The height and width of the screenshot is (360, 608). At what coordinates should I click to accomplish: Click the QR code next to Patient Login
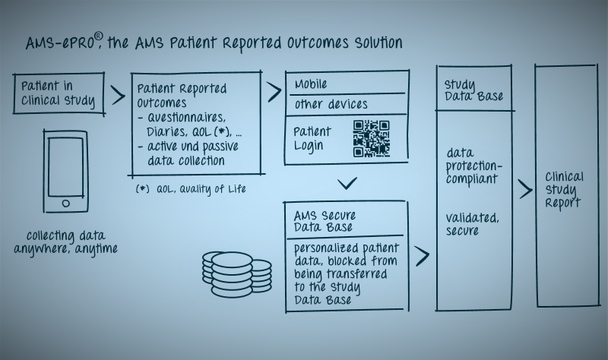pyautogui.click(x=371, y=138)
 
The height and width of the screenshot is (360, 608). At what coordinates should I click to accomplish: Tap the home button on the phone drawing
pyautogui.click(x=66, y=203)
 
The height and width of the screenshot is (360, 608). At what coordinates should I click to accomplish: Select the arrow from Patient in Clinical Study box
pyautogui.click(x=119, y=96)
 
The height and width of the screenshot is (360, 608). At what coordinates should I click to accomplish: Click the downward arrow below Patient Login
pyautogui.click(x=347, y=183)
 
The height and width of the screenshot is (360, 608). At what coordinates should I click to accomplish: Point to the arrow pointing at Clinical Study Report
pyautogui.click(x=525, y=189)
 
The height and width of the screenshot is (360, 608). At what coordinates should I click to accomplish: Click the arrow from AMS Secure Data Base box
pyautogui.click(x=423, y=256)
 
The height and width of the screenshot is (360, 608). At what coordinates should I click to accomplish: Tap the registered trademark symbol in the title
pyautogui.click(x=99, y=36)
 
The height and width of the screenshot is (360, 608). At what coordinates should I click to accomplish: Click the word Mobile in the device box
pyautogui.click(x=311, y=84)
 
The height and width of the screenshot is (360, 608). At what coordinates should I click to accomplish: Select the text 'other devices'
pyautogui.click(x=331, y=104)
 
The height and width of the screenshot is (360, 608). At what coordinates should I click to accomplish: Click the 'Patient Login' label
pyautogui.click(x=312, y=139)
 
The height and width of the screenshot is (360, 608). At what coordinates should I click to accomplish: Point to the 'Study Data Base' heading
pyautogui.click(x=473, y=90)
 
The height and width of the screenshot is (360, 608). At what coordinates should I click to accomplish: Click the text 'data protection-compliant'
pyautogui.click(x=473, y=166)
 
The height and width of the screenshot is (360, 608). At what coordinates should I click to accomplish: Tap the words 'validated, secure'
pyautogui.click(x=472, y=224)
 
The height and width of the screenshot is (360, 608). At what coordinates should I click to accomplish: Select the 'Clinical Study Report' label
pyautogui.click(x=564, y=190)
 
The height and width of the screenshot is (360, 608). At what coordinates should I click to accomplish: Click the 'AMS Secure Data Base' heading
pyautogui.click(x=325, y=221)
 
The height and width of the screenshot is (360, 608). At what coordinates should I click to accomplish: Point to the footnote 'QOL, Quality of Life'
pyautogui.click(x=201, y=188)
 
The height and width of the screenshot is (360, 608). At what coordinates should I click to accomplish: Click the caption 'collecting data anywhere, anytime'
pyautogui.click(x=65, y=242)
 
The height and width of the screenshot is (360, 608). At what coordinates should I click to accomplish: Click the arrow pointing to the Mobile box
pyautogui.click(x=274, y=92)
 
